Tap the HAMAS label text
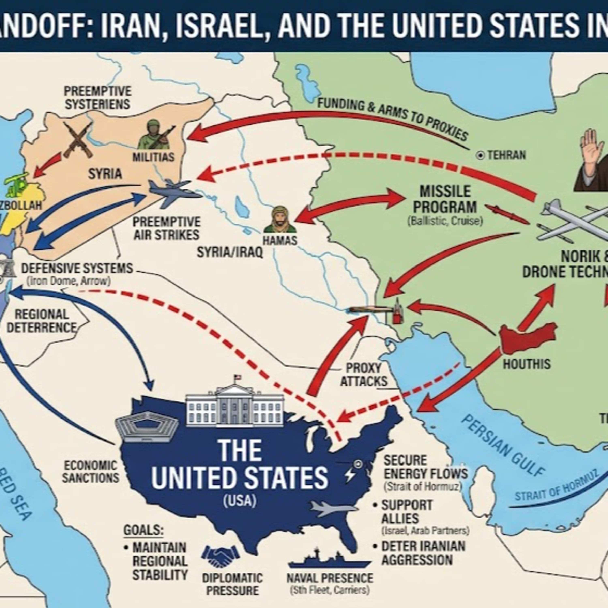coord(280,241)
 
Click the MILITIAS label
coord(153,157)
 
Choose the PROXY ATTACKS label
coord(364,375)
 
